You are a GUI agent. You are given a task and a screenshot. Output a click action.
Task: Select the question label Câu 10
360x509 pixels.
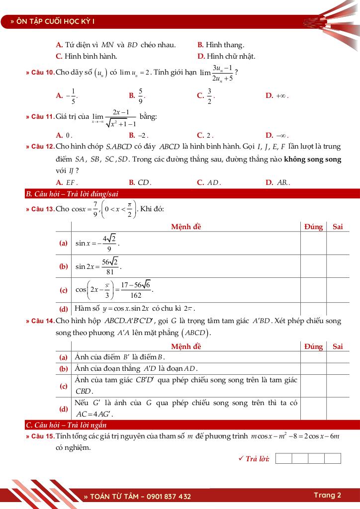40,73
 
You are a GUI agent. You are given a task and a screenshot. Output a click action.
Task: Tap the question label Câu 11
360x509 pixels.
40,117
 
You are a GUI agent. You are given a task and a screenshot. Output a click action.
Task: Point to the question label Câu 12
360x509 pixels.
40,147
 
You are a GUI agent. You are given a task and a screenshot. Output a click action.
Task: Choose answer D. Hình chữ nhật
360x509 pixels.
222,56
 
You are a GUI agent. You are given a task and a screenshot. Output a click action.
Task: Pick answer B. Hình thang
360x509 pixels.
221,45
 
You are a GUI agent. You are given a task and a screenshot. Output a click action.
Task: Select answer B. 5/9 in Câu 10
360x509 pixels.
137,95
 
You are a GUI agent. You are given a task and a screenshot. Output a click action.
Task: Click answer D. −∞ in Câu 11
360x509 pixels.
277,135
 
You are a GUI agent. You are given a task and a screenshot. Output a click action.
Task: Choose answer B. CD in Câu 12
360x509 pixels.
140,182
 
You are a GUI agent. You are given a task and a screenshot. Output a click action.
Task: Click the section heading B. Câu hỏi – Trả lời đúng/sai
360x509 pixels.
72,194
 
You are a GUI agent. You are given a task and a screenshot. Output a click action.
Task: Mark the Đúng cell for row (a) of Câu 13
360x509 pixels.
313,244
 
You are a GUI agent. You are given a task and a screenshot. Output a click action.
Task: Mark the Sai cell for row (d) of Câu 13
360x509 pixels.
338,308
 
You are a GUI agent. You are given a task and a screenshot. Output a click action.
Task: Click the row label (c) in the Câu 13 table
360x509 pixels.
64,290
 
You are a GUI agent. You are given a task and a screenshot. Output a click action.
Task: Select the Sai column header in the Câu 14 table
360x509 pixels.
338,346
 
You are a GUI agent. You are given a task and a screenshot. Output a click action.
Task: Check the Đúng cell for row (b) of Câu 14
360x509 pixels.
313,369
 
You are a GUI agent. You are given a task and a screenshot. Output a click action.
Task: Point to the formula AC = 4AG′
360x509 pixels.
95,414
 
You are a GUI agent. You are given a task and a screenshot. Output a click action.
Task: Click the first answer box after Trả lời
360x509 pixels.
283,458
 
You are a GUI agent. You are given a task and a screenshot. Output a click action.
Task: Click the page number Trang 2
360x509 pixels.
327,495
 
